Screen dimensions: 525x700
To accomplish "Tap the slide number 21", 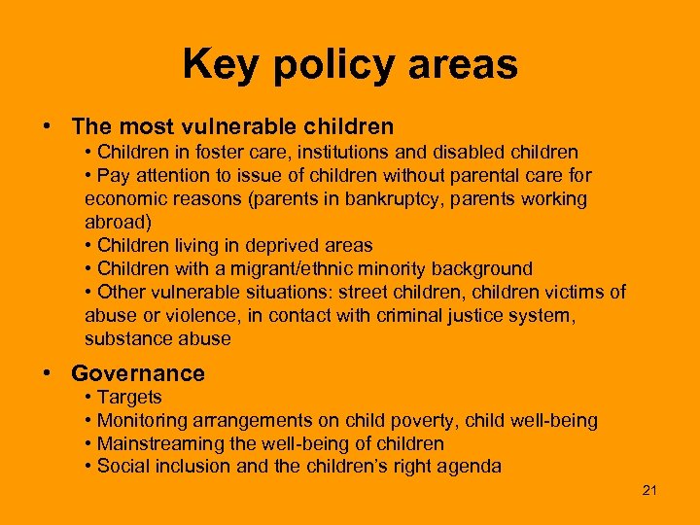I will pos(649,490).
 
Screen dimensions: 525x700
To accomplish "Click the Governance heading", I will pos(138,373).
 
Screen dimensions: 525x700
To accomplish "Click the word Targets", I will pos(129,398).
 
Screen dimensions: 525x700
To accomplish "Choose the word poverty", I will pos(421,421).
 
